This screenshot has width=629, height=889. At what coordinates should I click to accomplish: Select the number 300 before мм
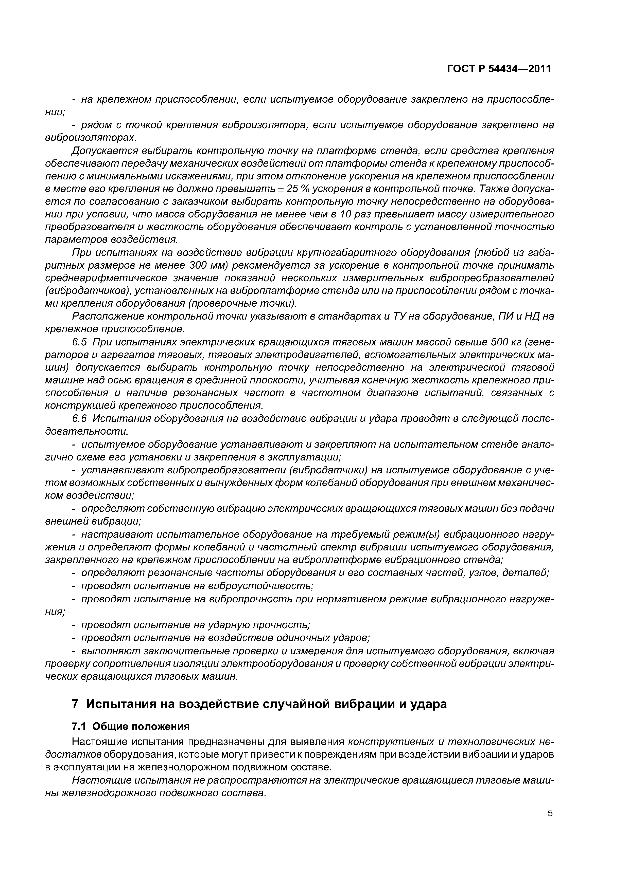pos(200,266)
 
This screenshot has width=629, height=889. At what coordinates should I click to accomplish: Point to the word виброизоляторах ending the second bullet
pos(91,138)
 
